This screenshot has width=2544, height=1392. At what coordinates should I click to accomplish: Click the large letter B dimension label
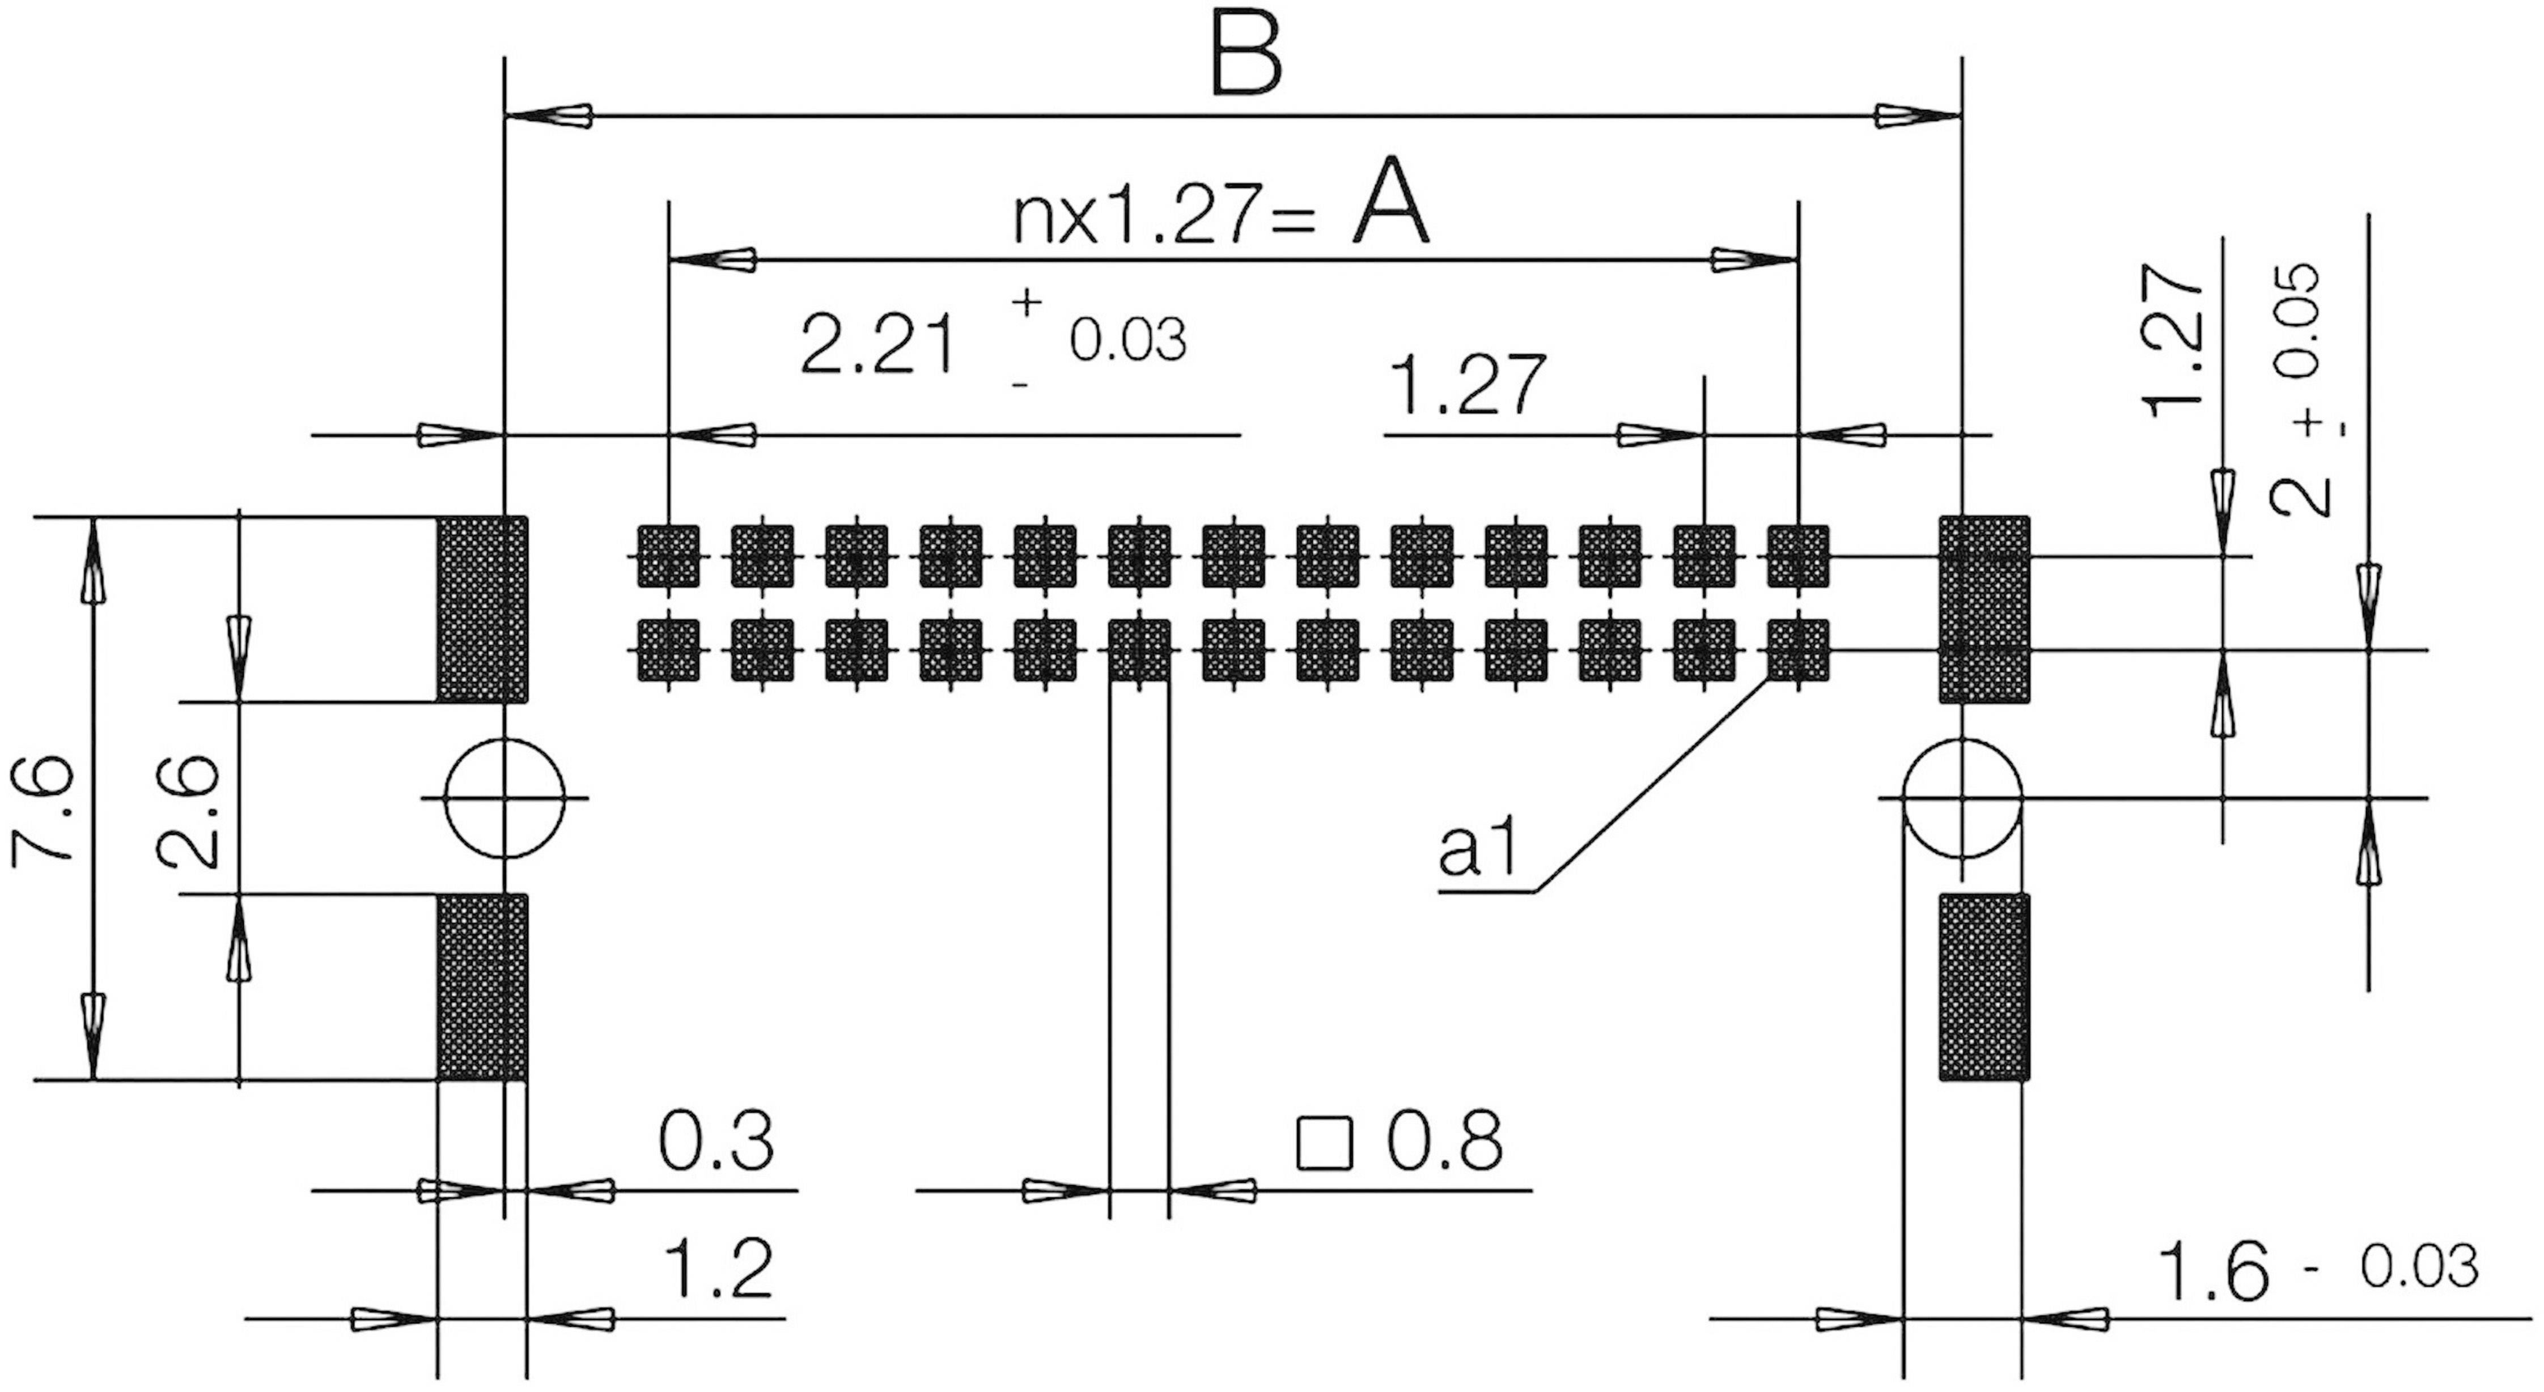point(1247,56)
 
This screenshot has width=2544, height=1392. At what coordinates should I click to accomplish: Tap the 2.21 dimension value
point(878,346)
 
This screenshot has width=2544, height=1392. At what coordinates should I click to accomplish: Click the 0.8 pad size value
point(1444,1142)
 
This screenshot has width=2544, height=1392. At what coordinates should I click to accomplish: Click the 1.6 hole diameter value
point(2214,1271)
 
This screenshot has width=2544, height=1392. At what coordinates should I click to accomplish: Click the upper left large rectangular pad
point(483,609)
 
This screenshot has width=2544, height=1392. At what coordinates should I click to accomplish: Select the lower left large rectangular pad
point(483,987)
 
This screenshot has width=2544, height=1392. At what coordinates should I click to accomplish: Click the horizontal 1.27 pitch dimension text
point(1466,385)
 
